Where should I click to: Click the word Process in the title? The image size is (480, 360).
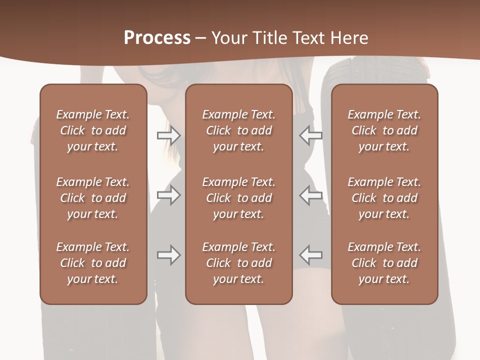[157, 38]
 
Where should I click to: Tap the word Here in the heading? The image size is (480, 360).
[349, 38]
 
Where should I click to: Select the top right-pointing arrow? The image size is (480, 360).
[168, 135]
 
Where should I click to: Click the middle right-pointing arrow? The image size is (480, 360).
[168, 195]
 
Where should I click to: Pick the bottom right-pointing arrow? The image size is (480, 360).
[168, 255]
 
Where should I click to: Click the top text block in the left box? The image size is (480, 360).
[93, 130]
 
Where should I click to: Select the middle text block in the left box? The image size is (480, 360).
[93, 198]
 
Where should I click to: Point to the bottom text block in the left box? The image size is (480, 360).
[93, 263]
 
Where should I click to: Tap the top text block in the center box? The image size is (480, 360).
[238, 130]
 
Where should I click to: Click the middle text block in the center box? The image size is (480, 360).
[238, 198]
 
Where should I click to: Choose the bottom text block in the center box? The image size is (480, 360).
[238, 263]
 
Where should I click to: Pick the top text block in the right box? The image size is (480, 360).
[384, 130]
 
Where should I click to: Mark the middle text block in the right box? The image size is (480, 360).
[384, 198]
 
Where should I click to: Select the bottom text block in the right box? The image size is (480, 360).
[384, 263]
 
